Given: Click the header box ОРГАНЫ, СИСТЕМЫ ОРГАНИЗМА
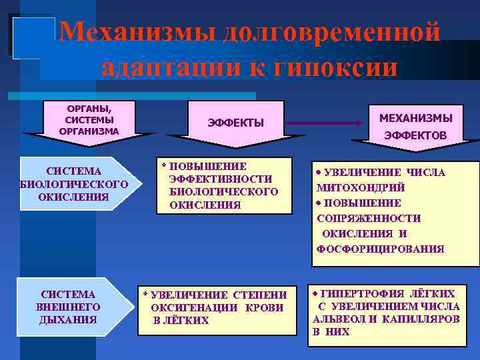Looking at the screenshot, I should (89, 119).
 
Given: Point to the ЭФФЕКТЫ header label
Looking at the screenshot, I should (236, 123).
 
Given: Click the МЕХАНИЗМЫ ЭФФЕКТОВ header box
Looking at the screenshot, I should (415, 126).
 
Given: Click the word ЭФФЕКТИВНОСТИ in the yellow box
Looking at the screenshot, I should (221, 179).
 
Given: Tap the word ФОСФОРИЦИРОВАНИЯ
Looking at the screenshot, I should (380, 249).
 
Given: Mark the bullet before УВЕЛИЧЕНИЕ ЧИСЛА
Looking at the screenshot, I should (319, 172).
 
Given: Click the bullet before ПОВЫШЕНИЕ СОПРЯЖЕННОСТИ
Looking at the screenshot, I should (319, 203).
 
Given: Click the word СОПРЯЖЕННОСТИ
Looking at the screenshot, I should (368, 218).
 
